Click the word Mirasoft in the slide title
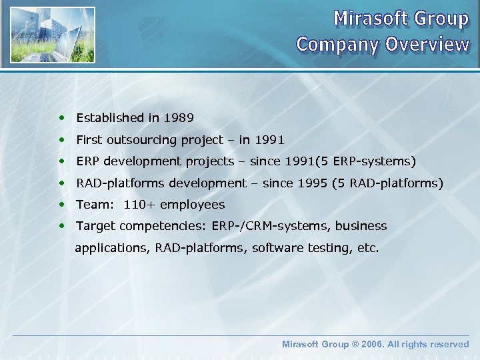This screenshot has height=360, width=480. [369, 18]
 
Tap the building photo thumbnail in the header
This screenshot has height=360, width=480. [53, 35]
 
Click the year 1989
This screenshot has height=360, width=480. [179, 118]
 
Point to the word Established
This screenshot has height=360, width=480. [110, 118]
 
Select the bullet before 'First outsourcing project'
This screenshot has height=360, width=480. [62, 140]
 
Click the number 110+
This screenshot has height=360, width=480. [140, 205]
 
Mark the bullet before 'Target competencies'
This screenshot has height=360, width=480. [62, 226]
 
